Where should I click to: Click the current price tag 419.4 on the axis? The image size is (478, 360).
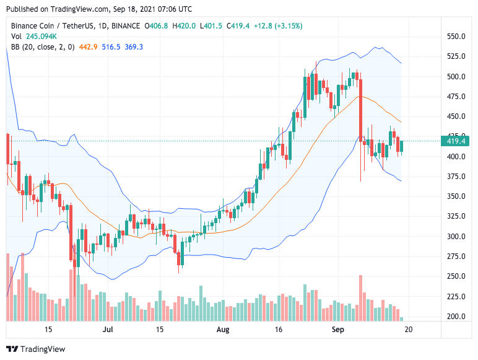(456, 141)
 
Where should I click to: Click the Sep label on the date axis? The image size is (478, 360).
(338, 330)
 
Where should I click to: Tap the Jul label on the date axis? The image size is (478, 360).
(108, 330)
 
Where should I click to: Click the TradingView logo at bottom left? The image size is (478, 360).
(35, 349)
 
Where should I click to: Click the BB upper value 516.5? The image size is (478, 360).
(109, 47)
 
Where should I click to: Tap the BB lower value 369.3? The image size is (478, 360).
(133, 47)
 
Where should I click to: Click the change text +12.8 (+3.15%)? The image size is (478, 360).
(278, 26)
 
